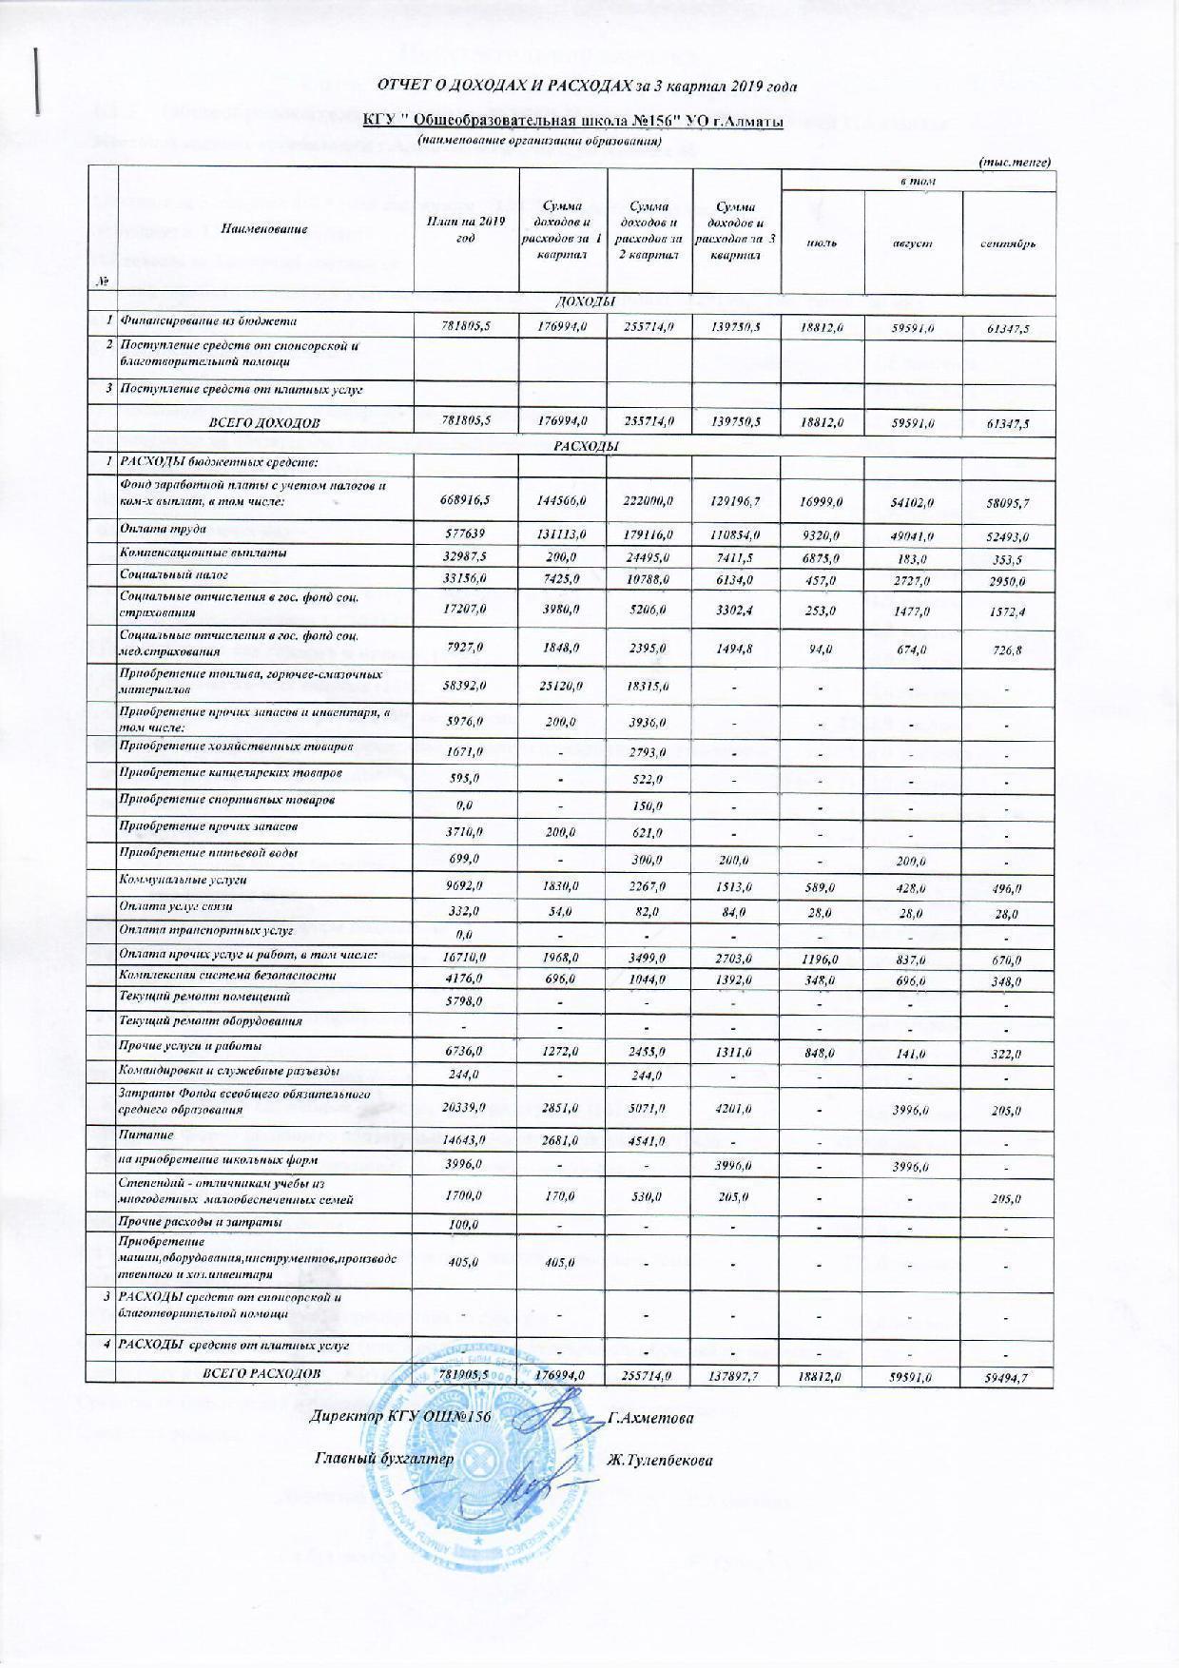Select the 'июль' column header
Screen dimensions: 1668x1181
point(822,243)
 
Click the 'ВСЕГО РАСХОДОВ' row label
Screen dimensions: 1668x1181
point(263,1373)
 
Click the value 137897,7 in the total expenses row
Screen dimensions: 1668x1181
point(734,1376)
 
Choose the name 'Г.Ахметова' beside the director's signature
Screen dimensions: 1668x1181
point(650,1417)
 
